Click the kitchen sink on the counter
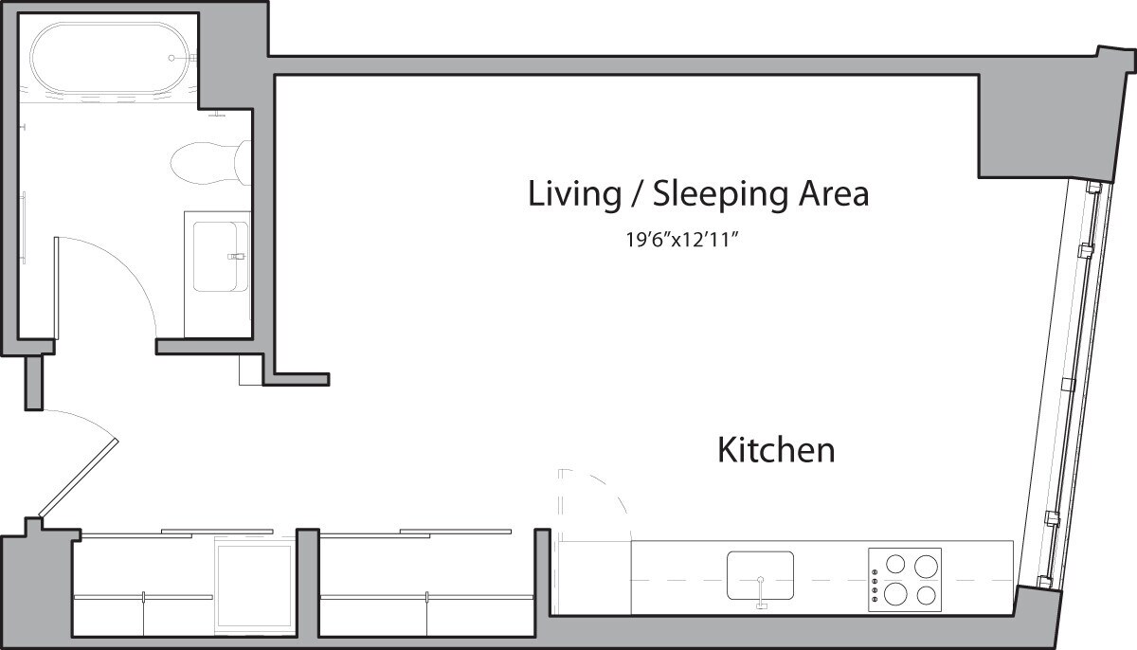(x=760, y=574)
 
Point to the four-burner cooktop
(x=905, y=579)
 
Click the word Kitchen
(x=776, y=449)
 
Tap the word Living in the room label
(x=568, y=194)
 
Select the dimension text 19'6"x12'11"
(x=681, y=240)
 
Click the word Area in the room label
(x=832, y=194)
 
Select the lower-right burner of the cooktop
(x=926, y=595)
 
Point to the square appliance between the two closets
(x=254, y=587)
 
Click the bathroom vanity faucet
(x=236, y=256)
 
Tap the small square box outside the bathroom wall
(x=249, y=370)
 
